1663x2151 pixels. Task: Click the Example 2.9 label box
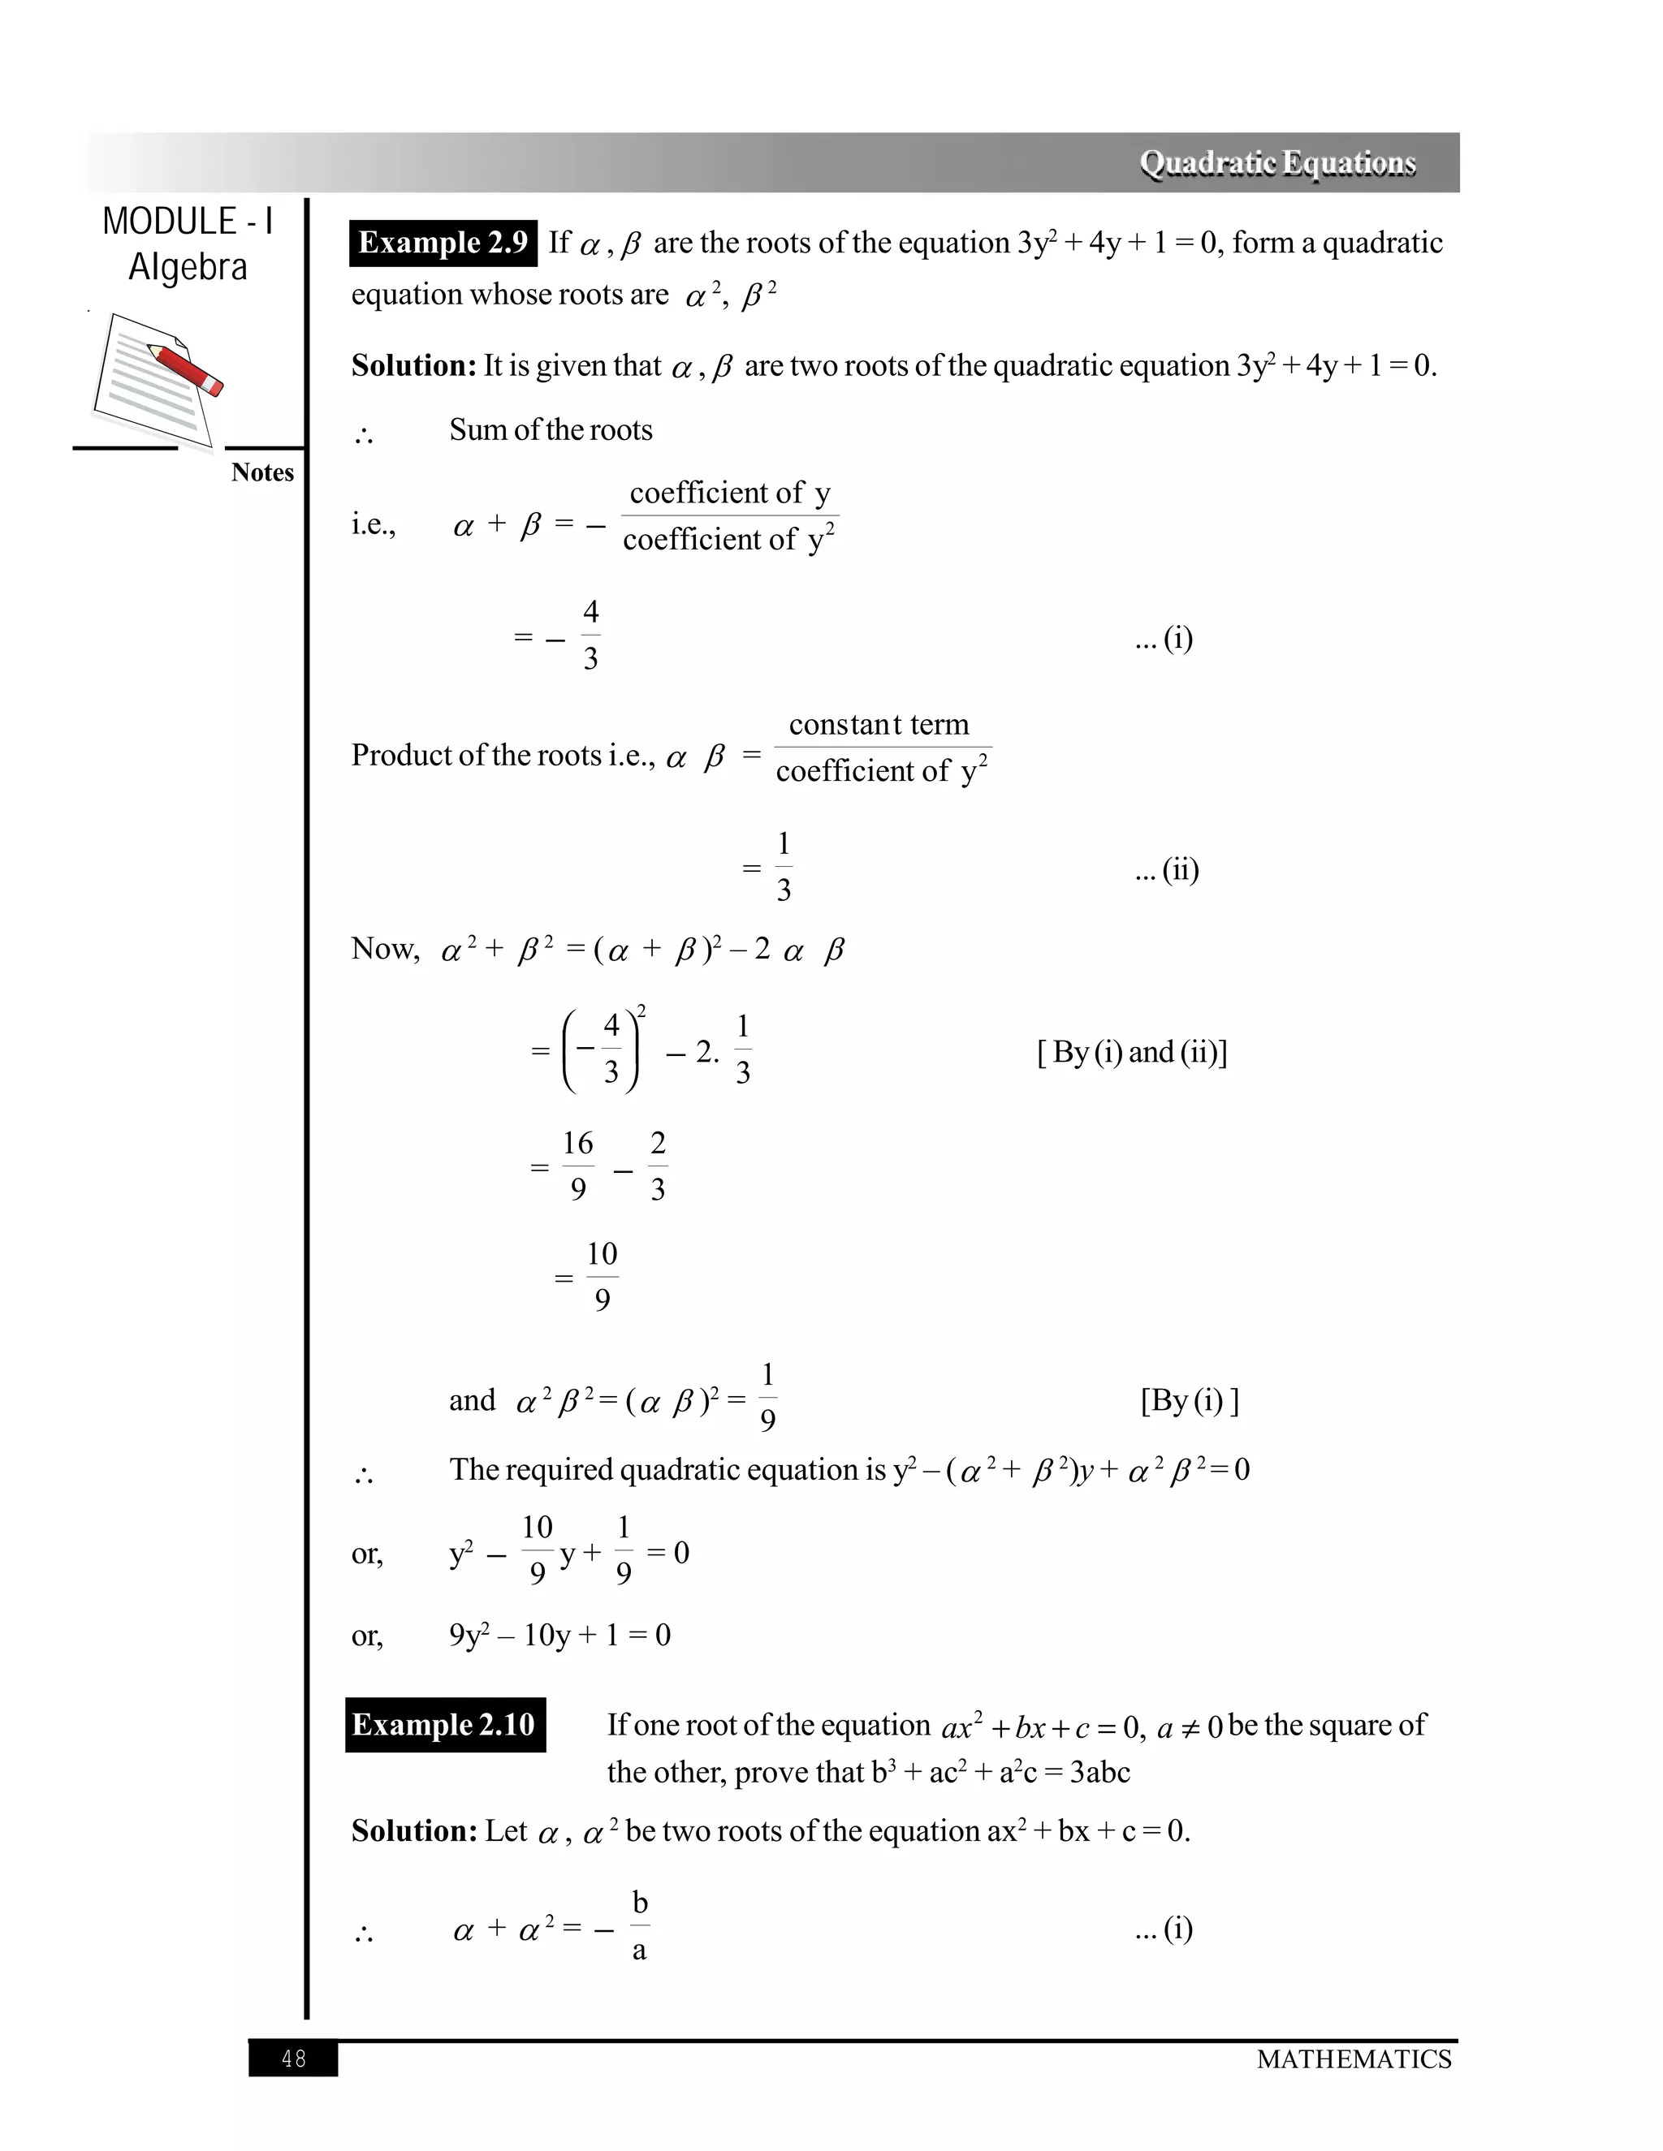(x=443, y=242)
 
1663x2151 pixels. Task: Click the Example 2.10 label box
(x=444, y=1725)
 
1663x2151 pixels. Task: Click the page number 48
(x=294, y=2058)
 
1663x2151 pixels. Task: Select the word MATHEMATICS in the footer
(x=1354, y=2059)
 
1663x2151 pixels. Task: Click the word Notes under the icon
(x=262, y=472)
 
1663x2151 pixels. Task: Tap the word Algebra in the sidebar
(x=188, y=267)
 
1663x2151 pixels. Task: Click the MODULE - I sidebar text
(x=188, y=221)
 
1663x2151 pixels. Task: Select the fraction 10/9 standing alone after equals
(x=601, y=1277)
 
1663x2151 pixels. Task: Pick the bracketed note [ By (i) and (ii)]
(x=1132, y=1052)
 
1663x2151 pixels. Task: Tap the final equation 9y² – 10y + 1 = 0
(x=559, y=1636)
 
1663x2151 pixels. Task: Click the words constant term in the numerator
(x=879, y=724)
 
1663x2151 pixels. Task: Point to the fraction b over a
(x=639, y=1926)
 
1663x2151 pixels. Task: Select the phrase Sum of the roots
(x=551, y=429)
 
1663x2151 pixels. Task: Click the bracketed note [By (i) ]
(x=1189, y=1399)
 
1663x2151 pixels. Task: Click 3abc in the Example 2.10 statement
(x=1099, y=1772)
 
